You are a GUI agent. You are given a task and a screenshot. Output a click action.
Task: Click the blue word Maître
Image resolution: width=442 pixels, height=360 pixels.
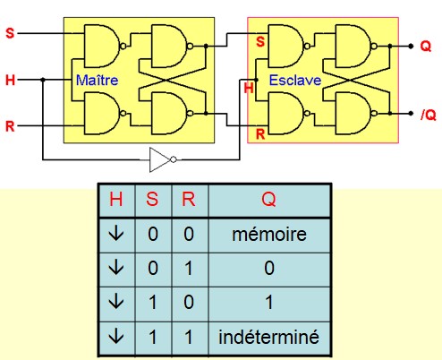[97, 81]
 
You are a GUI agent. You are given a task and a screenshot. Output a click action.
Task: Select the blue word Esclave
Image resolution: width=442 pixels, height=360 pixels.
[295, 81]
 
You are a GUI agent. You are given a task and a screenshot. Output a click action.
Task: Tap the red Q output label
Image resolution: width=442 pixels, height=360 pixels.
[426, 47]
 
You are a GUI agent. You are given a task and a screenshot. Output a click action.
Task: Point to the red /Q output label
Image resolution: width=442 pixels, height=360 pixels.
[429, 115]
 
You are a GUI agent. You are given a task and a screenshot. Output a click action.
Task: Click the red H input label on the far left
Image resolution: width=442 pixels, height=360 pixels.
[10, 81]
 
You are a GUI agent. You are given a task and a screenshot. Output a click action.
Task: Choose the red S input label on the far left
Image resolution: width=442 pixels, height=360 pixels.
[10, 33]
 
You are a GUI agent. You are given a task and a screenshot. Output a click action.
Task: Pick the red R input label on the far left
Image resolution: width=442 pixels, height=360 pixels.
[10, 126]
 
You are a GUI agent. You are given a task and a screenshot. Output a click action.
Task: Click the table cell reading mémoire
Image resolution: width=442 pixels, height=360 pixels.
[269, 235]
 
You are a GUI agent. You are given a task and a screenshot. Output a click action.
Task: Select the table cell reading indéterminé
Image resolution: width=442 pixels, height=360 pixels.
[269, 338]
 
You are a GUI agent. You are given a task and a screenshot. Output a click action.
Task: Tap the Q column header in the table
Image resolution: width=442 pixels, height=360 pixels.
[268, 199]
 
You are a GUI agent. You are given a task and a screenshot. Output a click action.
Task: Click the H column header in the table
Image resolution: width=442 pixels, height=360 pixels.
[116, 199]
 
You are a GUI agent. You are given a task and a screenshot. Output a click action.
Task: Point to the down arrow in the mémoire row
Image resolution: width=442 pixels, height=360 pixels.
[116, 234]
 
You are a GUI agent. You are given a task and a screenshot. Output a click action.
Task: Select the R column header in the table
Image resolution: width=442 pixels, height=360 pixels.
[189, 199]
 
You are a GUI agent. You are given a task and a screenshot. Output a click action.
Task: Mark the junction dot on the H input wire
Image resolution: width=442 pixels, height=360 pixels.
[43, 80]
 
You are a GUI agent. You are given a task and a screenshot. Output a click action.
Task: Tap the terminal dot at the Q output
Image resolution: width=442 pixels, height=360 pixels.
[411, 46]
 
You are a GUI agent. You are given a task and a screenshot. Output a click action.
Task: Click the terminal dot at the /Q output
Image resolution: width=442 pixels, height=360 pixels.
[411, 114]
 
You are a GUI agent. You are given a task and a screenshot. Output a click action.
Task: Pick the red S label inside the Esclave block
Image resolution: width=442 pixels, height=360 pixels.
[260, 41]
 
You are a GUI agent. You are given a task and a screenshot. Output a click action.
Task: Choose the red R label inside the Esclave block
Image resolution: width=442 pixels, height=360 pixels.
[260, 134]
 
